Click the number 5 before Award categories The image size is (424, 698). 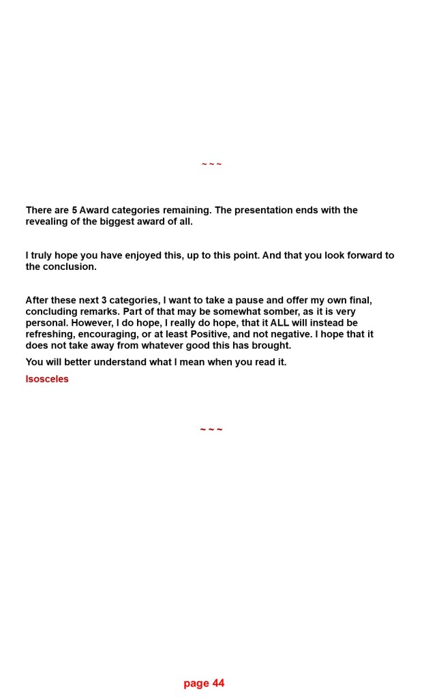(74, 211)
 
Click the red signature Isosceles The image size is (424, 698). (47, 380)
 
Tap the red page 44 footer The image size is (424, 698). (204, 684)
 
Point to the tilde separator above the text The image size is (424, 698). (211, 164)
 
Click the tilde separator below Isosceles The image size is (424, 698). (211, 430)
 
